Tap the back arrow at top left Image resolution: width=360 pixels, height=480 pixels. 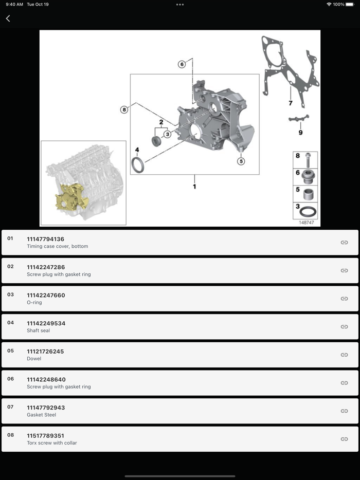8,19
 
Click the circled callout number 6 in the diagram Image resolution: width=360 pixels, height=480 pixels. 182,64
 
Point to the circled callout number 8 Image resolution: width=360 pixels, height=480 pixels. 124,109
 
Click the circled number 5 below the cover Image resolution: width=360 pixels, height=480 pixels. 241,161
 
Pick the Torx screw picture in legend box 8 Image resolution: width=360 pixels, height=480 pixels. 308,160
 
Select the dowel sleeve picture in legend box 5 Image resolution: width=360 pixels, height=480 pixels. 308,194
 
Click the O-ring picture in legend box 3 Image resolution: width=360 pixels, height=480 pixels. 308,212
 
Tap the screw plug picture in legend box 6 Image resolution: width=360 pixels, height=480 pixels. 308,177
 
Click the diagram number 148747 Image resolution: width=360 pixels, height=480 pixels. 307,223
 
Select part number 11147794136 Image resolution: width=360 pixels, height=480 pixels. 46,239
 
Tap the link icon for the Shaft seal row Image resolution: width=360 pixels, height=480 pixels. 345,327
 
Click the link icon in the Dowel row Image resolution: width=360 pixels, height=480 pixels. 345,355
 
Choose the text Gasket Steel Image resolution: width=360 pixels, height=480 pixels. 41,415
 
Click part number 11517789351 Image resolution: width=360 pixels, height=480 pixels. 46,436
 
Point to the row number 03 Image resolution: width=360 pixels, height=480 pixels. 10,294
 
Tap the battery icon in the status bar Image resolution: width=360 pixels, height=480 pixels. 350,4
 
